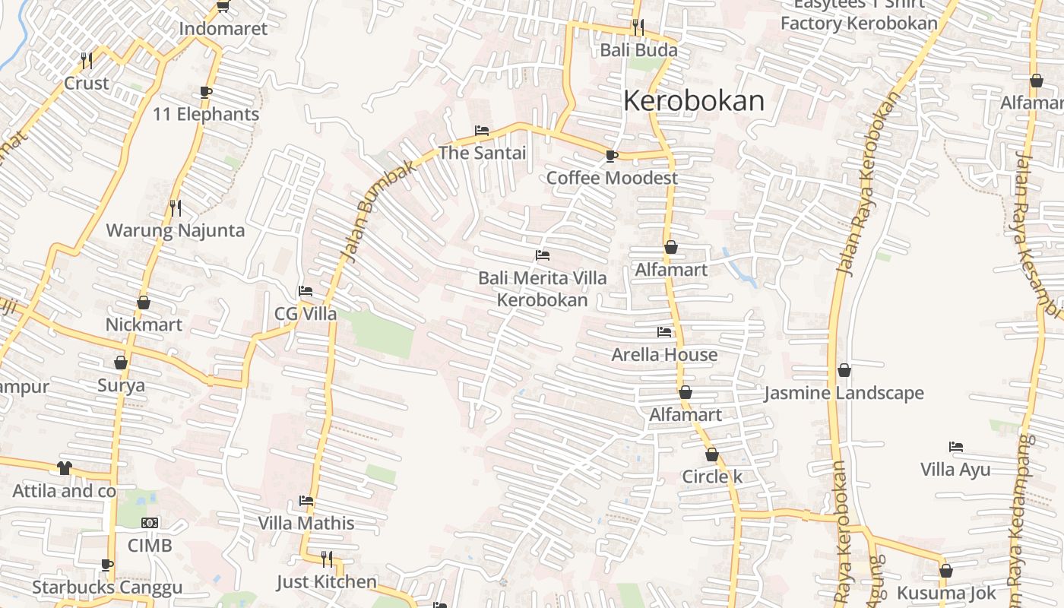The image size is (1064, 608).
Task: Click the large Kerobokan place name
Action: click(x=694, y=101)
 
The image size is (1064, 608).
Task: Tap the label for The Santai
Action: click(x=482, y=153)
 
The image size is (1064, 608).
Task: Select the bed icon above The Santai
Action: click(x=482, y=130)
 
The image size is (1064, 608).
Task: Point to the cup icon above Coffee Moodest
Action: click(x=611, y=156)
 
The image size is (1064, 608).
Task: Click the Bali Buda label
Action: click(x=638, y=50)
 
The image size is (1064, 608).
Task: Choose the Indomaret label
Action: click(x=223, y=29)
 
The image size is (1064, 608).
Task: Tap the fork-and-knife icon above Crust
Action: click(x=87, y=60)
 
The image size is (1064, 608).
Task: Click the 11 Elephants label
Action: click(x=206, y=115)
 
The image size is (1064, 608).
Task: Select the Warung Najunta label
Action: click(x=176, y=230)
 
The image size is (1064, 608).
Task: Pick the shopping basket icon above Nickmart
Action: click(x=144, y=302)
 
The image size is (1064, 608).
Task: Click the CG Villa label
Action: click(x=306, y=314)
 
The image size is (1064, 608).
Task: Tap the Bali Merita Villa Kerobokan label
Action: click(x=543, y=289)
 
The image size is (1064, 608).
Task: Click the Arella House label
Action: click(x=664, y=355)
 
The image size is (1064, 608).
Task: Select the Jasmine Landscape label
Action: click(x=844, y=393)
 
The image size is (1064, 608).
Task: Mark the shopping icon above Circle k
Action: click(x=712, y=454)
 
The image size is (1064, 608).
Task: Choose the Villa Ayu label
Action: click(x=955, y=469)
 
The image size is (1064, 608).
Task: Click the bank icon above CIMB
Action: click(x=150, y=523)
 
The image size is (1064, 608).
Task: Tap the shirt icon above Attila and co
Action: click(x=64, y=468)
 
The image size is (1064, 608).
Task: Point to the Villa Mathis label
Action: click(x=306, y=523)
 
